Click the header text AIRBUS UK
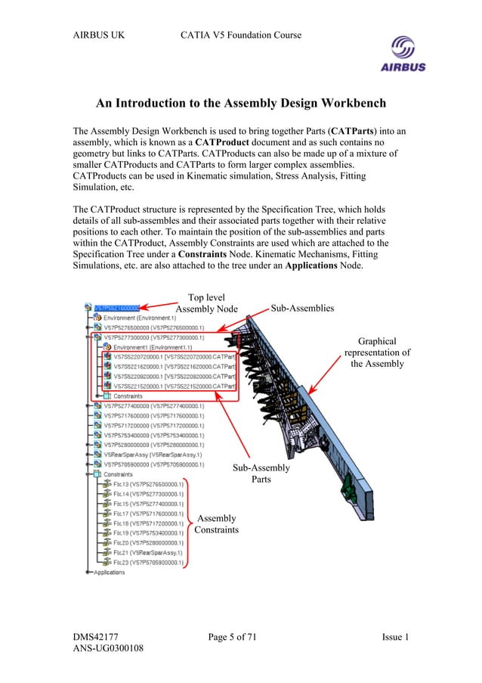(x=98, y=35)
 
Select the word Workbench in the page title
(x=347, y=103)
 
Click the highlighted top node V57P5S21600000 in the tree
(x=117, y=308)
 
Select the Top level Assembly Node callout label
(x=206, y=303)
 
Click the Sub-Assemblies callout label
(x=302, y=308)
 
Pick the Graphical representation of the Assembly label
(x=377, y=352)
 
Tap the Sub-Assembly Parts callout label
(x=261, y=473)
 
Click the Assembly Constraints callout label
(x=216, y=524)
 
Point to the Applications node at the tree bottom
(x=109, y=573)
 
